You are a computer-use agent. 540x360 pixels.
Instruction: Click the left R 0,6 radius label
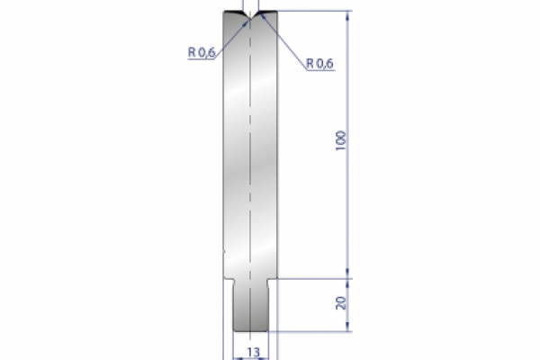(201, 53)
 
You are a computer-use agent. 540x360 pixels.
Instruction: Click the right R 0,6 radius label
(320, 63)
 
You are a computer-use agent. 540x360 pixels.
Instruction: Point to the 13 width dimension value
(253, 352)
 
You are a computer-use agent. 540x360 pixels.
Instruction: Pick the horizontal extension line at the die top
(315, 11)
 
